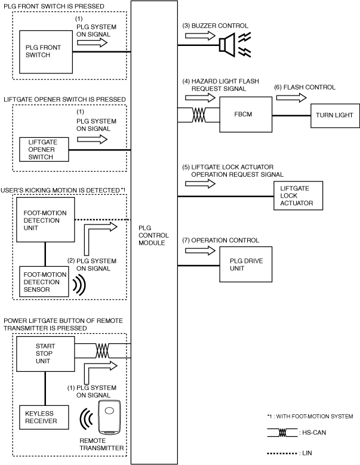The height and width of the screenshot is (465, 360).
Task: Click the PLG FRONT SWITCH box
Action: pyautogui.click(x=46, y=52)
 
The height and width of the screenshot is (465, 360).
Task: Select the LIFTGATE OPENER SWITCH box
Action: pyautogui.click(x=44, y=149)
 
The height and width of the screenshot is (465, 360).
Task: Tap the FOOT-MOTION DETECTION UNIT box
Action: pyautogui.click(x=45, y=220)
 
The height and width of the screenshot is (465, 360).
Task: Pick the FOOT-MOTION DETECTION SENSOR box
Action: pyautogui.click(x=44, y=282)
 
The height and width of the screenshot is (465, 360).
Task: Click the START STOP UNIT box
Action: pyautogui.click(x=45, y=354)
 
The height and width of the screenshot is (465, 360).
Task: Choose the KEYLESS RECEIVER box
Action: pyautogui.click(x=44, y=417)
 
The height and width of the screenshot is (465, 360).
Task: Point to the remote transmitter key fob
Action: pyautogui.click(x=109, y=417)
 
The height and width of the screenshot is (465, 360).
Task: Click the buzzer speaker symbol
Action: pyautogui.click(x=227, y=45)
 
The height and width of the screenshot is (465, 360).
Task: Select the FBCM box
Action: pyautogui.click(x=245, y=115)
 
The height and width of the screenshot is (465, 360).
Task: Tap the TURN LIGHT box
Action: pyautogui.click(x=335, y=116)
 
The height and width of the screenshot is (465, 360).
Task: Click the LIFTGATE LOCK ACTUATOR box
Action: pyautogui.click(x=298, y=196)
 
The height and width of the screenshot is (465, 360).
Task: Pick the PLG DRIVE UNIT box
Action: pyautogui.click(x=245, y=264)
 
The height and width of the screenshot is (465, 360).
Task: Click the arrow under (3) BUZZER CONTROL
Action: pyautogui.click(x=200, y=36)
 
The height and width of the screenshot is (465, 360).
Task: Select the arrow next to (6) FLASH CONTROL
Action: pyautogui.click(x=291, y=97)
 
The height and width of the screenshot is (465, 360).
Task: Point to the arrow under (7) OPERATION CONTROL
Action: pyautogui.click(x=200, y=251)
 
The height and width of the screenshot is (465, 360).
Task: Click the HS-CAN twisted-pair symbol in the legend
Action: pyautogui.click(x=282, y=433)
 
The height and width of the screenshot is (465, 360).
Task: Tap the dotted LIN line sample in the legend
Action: pyautogui.click(x=282, y=454)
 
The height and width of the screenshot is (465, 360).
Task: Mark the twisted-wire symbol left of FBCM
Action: pyautogui.click(x=199, y=115)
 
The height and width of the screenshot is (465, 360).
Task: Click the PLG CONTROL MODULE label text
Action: pyautogui.click(x=153, y=235)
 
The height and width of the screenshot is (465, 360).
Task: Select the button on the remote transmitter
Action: pyautogui.click(x=109, y=411)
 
